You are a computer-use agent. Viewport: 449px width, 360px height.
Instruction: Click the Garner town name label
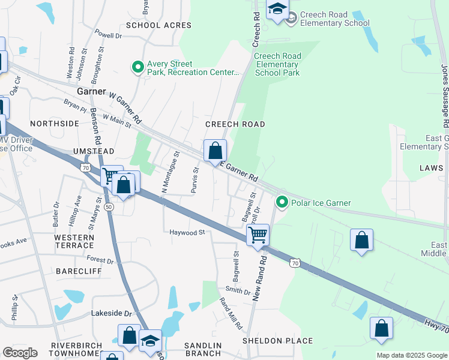pyautogui.click(x=91, y=92)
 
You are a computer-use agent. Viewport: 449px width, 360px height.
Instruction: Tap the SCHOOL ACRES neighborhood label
pyautogui.click(x=158, y=25)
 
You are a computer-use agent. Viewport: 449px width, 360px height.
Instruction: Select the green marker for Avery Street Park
pyautogui.click(x=137, y=67)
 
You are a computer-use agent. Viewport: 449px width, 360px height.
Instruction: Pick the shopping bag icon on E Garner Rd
pyautogui.click(x=215, y=151)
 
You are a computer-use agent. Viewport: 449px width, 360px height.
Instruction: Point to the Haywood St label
pyautogui.click(x=187, y=232)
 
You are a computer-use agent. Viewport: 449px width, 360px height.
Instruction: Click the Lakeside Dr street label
pyautogui.click(x=111, y=313)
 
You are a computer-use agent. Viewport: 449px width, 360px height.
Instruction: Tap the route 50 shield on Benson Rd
pyautogui.click(x=109, y=206)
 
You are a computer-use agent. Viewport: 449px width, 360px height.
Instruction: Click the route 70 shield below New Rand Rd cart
pyautogui.click(x=294, y=262)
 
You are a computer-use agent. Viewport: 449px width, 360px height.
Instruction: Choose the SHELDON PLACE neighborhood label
pyautogui.click(x=277, y=341)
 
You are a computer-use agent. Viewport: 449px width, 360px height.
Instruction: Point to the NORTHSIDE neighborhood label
pyautogui.click(x=55, y=123)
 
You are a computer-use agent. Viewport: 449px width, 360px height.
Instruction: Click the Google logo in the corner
pyautogui.click(x=20, y=353)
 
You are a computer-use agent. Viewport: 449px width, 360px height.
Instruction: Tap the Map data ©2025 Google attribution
pyautogui.click(x=411, y=355)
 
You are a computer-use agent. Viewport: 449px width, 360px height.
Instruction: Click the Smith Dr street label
pyautogui.click(x=238, y=291)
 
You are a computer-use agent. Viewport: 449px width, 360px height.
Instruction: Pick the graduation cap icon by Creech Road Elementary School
pyautogui.click(x=277, y=9)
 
